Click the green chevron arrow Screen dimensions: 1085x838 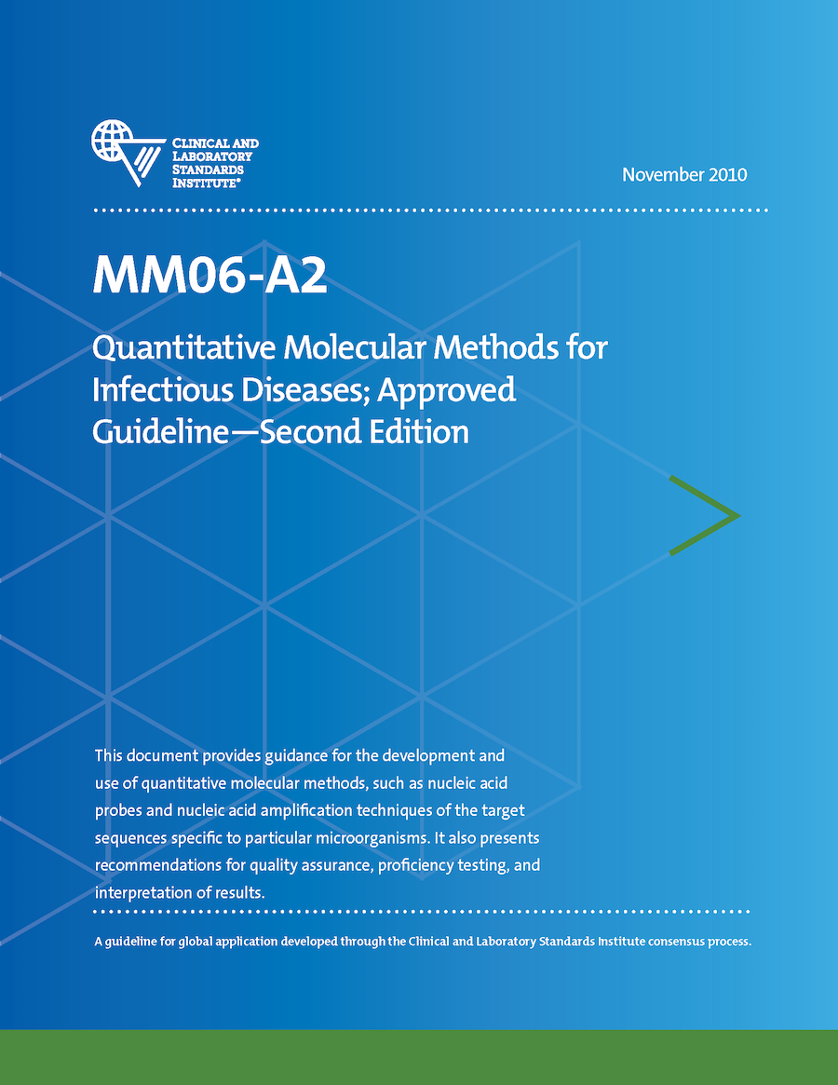coord(704,515)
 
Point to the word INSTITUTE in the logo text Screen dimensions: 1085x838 coord(207,183)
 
